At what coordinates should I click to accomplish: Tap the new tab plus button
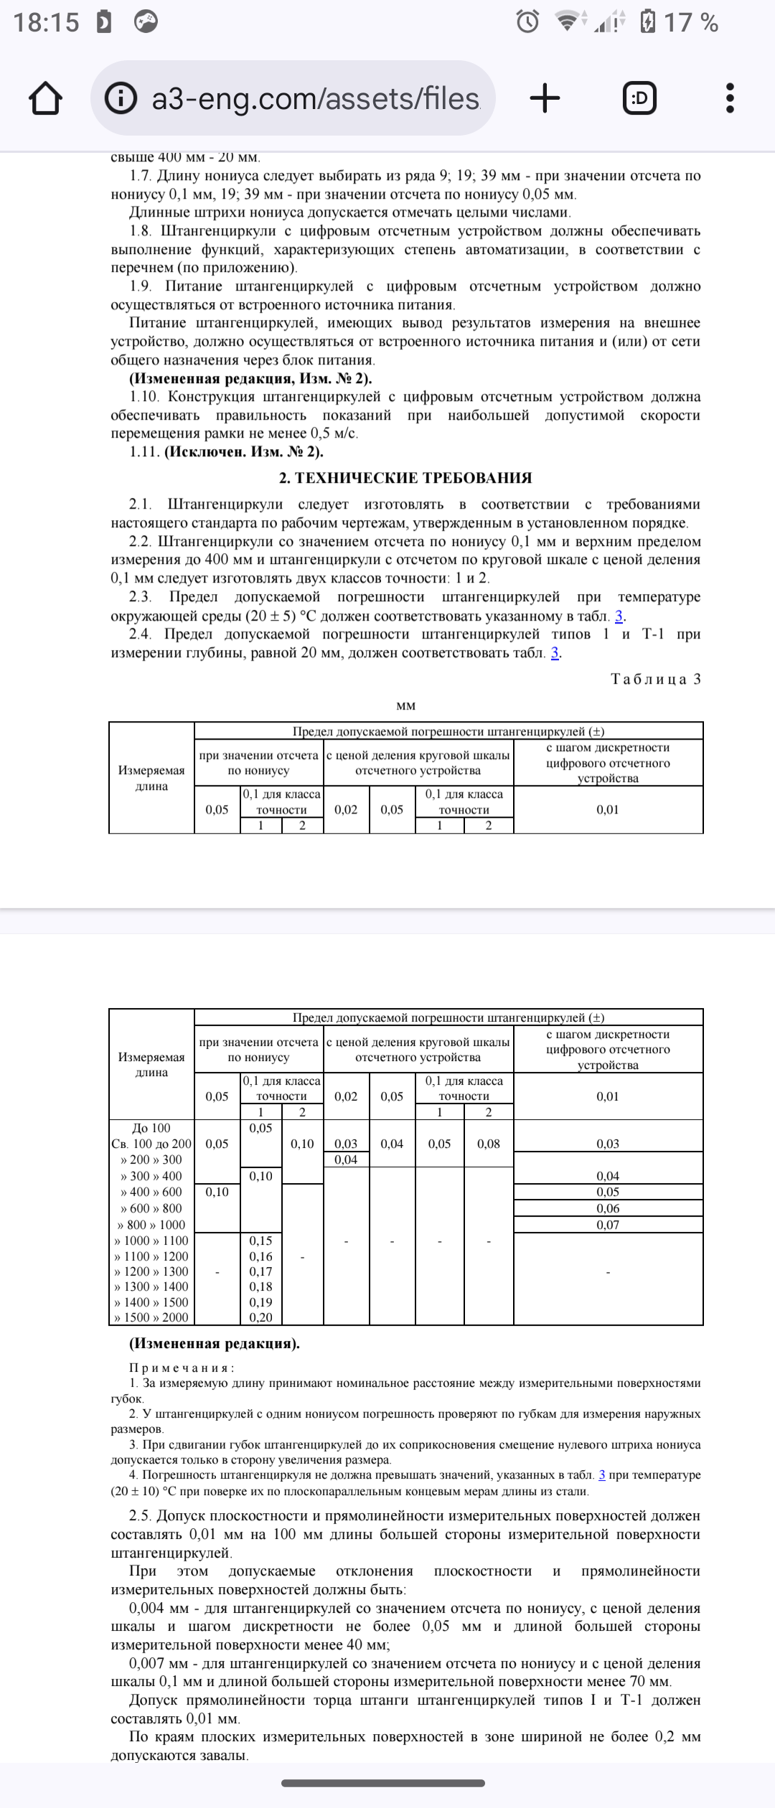tap(545, 98)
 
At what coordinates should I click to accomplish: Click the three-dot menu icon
tap(730, 98)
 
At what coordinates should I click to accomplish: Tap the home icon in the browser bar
tap(45, 98)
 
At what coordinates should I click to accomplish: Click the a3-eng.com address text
tap(316, 98)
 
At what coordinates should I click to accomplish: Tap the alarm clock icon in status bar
tap(527, 22)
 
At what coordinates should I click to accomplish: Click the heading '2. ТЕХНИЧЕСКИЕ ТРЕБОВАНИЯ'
tap(405, 478)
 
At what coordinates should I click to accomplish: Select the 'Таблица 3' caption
tap(655, 679)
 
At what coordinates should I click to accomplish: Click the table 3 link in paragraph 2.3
tap(619, 616)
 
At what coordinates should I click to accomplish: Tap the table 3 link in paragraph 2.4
tap(555, 653)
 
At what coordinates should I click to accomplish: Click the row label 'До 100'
tap(151, 1128)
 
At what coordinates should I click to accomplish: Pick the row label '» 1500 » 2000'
tap(151, 1317)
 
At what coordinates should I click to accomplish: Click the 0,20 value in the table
tap(260, 1317)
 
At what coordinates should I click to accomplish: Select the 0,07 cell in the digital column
tap(608, 1225)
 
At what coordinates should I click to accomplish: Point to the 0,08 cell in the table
tap(489, 1144)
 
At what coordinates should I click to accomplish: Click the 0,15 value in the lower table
tap(260, 1240)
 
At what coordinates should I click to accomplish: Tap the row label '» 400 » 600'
tap(151, 1192)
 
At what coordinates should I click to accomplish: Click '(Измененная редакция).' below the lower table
tap(215, 1343)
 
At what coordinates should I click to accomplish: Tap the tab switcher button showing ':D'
tap(639, 98)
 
